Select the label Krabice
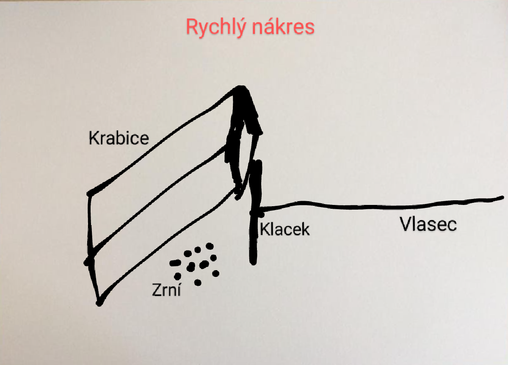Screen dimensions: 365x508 [x=119, y=138]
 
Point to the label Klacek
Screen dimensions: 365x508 [x=284, y=230]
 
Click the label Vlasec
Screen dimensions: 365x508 [x=428, y=224]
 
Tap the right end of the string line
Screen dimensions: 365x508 [x=502, y=197]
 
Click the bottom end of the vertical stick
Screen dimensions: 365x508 [x=253, y=262]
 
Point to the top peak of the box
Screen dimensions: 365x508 [x=241, y=88]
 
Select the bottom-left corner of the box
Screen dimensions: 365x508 [x=99, y=302]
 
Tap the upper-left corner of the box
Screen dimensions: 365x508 [x=90, y=194]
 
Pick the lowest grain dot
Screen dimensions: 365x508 [x=197, y=282]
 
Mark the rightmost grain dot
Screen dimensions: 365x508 [x=216, y=273]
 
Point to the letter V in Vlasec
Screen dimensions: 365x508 [x=406, y=224]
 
